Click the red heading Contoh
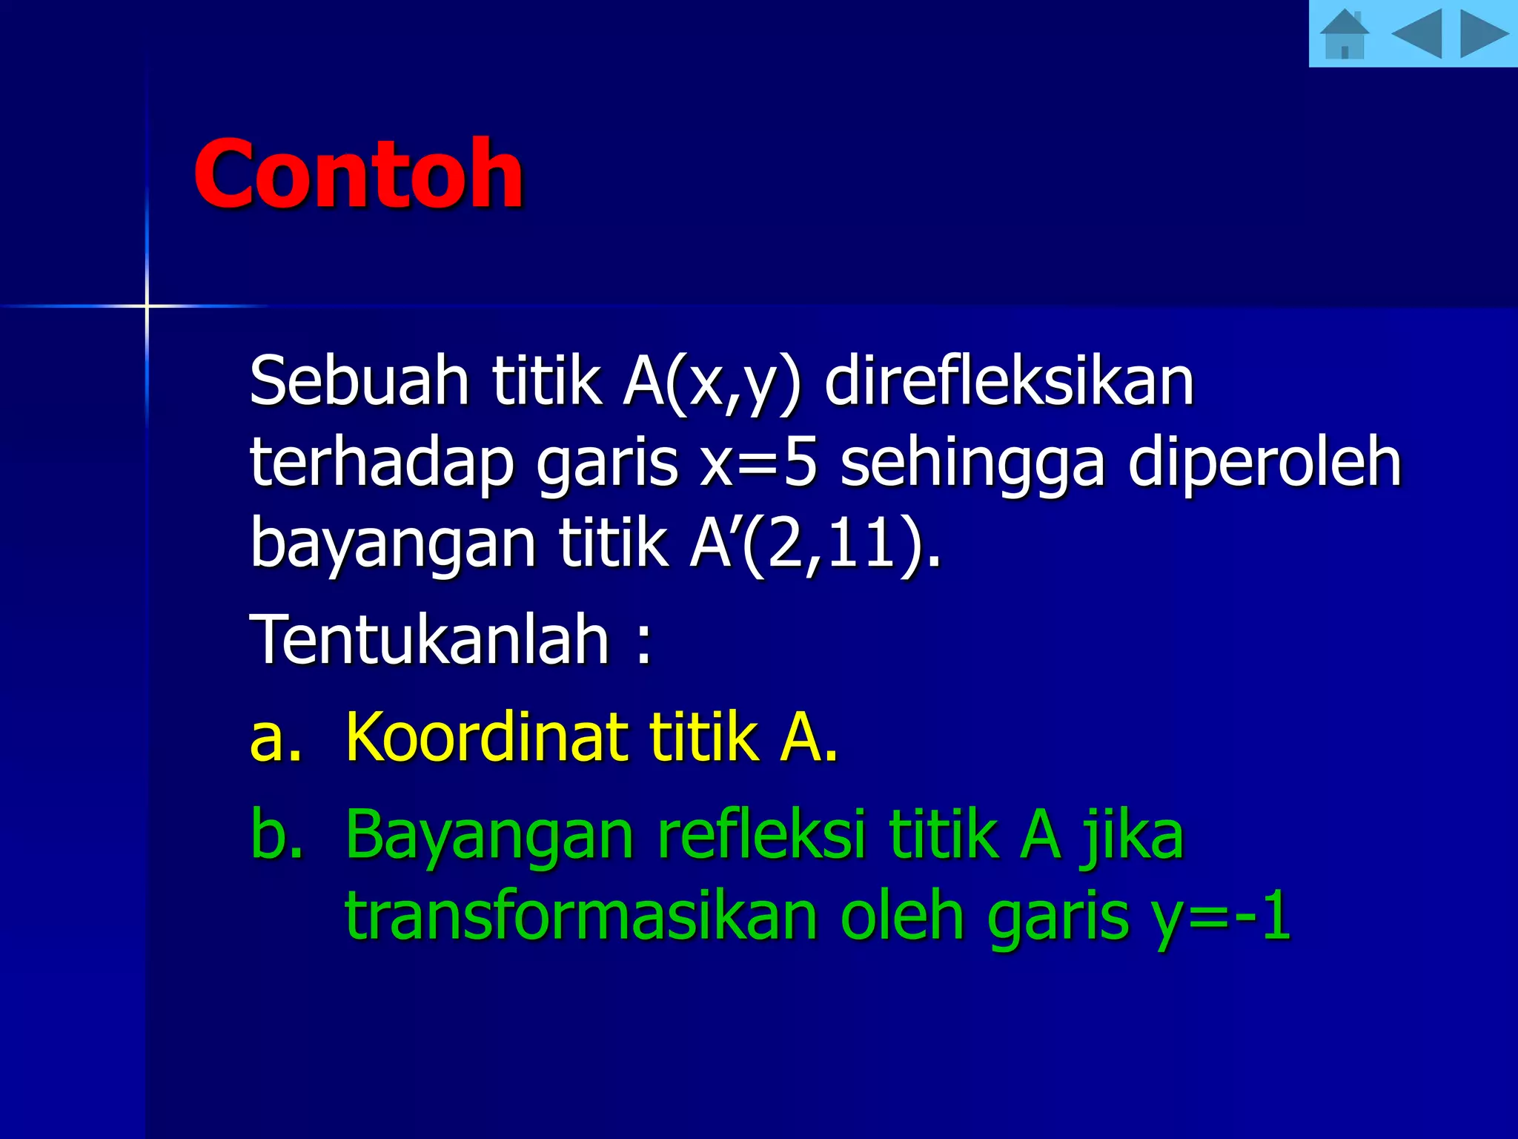pos(358,174)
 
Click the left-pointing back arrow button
pos(1416,33)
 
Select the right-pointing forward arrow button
pos(1483,33)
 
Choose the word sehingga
pos(972,463)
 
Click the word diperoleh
pos(1264,463)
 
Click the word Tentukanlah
pos(430,639)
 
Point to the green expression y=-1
pos(1221,917)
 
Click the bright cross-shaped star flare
pos(147,306)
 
